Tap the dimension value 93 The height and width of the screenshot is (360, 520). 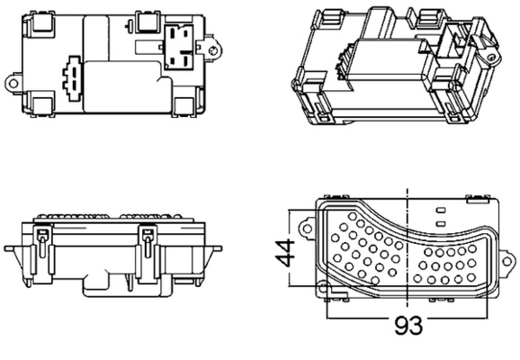(x=408, y=324)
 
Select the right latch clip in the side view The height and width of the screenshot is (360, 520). (x=148, y=243)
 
